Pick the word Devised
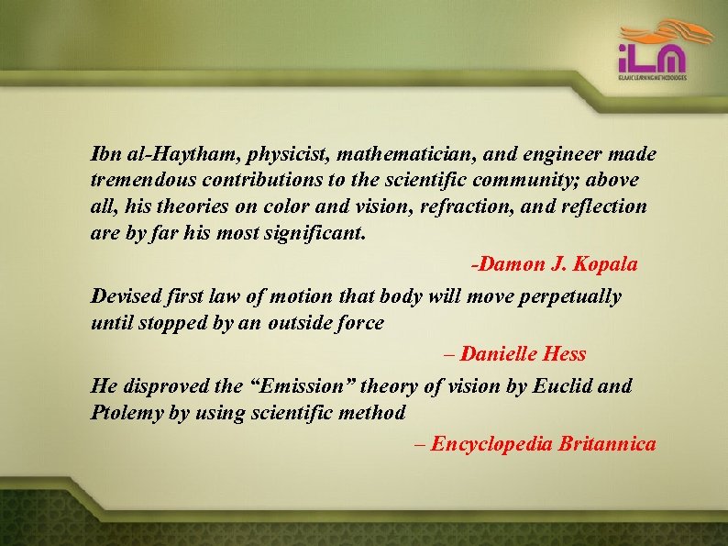127,296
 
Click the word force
359,323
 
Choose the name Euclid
561,385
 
